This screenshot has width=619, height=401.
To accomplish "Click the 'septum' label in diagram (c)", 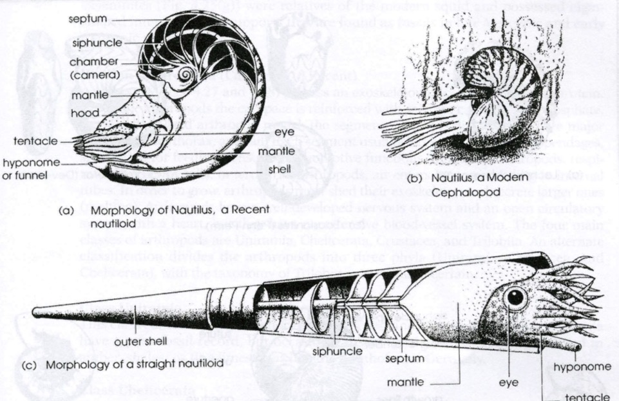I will point(399,357).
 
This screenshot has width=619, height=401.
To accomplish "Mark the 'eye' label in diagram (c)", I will point(509,382).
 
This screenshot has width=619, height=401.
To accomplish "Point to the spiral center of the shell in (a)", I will point(185,75).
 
